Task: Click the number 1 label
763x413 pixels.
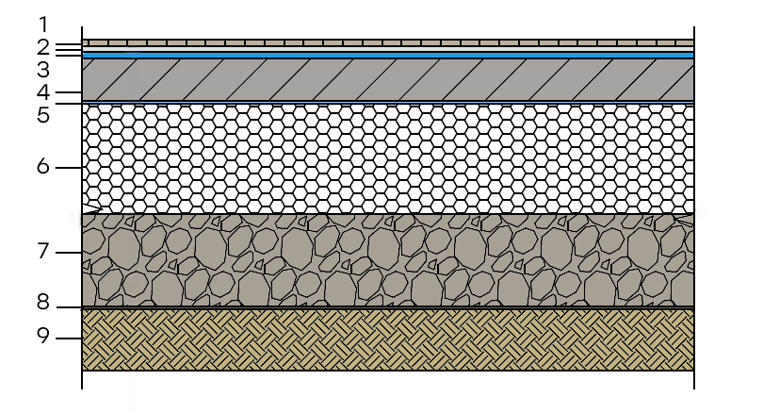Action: (x=43, y=25)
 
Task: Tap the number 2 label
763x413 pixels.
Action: (x=43, y=48)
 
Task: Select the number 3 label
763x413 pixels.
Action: (x=43, y=70)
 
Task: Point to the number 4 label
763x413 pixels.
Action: (x=43, y=92)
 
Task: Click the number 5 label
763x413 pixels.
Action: (x=43, y=115)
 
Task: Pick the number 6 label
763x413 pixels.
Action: (x=43, y=167)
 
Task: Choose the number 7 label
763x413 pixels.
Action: (x=43, y=252)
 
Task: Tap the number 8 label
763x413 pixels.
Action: (x=43, y=302)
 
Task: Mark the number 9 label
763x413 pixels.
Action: (x=43, y=336)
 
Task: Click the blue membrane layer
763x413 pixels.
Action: (x=388, y=56)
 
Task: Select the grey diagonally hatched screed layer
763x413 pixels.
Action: (x=388, y=80)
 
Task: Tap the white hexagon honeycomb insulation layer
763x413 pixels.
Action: (x=388, y=158)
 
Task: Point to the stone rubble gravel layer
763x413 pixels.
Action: (x=388, y=260)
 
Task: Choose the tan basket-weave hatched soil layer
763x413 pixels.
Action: (x=388, y=340)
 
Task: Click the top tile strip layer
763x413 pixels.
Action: (x=388, y=42)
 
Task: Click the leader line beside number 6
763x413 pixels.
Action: (x=69, y=168)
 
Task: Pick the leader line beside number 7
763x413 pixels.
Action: (x=69, y=253)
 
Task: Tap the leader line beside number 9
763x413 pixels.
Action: (x=69, y=339)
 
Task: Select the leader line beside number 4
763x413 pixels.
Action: (x=69, y=92)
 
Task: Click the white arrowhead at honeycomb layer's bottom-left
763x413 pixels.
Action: (x=91, y=209)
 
